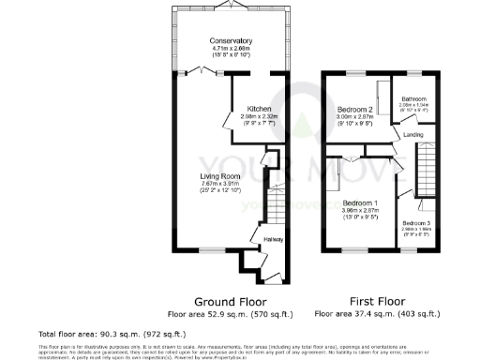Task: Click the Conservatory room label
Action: point(231,41)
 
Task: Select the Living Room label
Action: point(220,175)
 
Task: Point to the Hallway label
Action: point(273,240)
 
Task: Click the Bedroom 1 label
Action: point(360,203)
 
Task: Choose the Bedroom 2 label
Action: point(356,110)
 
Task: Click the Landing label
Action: point(413,134)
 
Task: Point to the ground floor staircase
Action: point(277,202)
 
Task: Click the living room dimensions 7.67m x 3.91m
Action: point(220,184)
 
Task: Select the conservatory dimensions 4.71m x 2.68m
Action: point(231,50)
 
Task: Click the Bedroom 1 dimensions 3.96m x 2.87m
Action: point(360,212)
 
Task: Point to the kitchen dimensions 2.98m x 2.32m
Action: point(259,116)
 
